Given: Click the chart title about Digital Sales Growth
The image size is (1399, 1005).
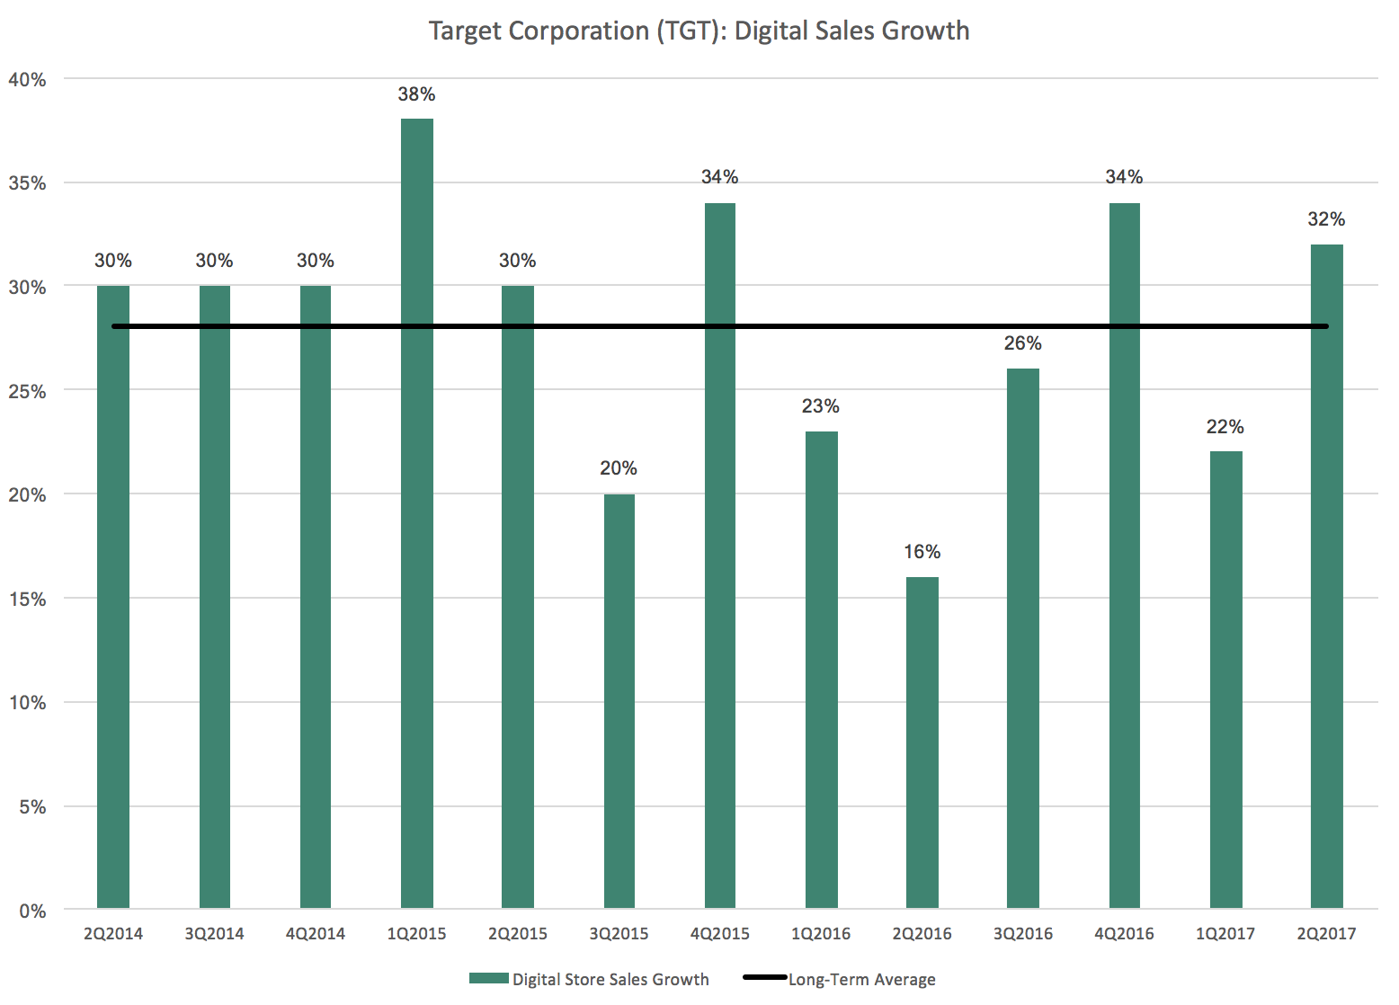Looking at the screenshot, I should coord(699,31).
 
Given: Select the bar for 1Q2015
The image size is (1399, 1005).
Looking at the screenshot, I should coord(416,512).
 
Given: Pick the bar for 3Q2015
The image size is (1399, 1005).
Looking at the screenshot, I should coord(619,701).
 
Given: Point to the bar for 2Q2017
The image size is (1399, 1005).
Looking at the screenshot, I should coord(1326,575).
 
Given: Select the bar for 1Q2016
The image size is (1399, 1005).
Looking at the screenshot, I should coord(821,670).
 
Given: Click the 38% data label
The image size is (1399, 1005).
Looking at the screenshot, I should coord(416,94).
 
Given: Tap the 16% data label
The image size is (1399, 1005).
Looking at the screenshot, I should coord(922,552).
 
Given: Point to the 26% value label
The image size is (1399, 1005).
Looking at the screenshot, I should coord(1022,343).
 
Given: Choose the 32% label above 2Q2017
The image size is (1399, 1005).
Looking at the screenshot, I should coord(1326,219).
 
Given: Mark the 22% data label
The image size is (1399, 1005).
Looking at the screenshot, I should coord(1225,427).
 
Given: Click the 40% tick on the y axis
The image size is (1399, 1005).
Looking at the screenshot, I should coord(27,80).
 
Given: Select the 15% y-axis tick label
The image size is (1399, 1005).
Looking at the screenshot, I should coord(27,600).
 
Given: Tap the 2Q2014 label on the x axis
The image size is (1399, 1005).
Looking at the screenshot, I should coord(113,934).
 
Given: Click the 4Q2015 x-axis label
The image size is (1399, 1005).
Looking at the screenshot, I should coord(719,934).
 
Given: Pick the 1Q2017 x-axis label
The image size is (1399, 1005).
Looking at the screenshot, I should coord(1225,934).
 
